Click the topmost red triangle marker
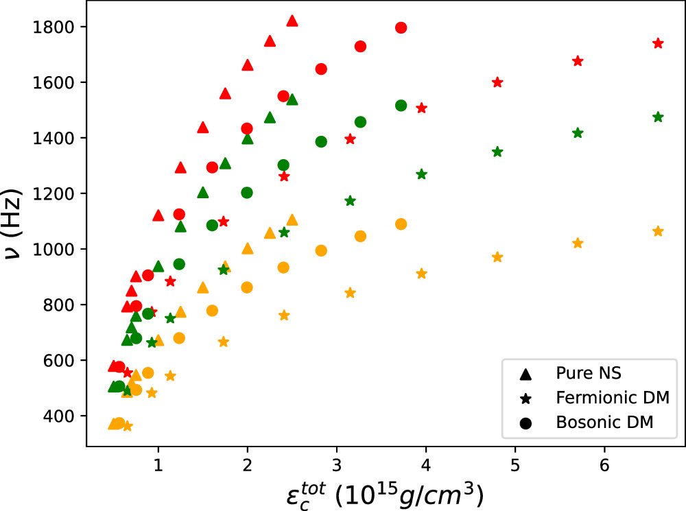[292, 21]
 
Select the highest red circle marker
[401, 27]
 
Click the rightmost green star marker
[659, 117]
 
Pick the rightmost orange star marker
[659, 231]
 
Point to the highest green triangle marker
[292, 100]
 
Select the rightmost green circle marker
[401, 106]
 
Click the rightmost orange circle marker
[401, 224]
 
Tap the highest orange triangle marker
[292, 220]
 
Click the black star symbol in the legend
[526, 399]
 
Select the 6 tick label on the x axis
[604, 463]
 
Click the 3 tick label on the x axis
[337, 463]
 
